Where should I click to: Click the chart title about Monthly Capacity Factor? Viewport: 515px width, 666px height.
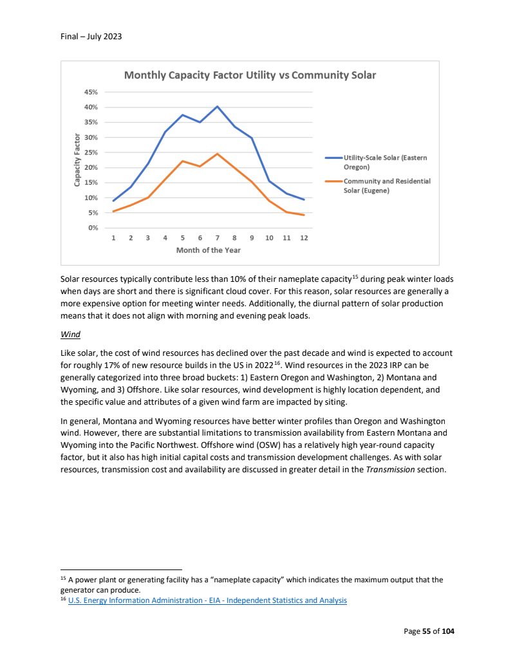[250, 75]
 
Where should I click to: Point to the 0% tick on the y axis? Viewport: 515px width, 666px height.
[93, 228]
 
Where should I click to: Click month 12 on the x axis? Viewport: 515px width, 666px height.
[304, 238]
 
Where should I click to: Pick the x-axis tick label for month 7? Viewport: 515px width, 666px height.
[218, 238]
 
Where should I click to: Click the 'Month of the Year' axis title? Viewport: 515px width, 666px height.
[209, 250]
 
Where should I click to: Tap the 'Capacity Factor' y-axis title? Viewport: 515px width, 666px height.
[77, 160]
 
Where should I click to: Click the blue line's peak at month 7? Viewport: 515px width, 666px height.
[218, 106]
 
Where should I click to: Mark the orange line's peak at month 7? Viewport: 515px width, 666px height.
[218, 154]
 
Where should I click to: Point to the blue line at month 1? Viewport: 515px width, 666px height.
[113, 201]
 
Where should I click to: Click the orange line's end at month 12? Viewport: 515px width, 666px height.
[304, 215]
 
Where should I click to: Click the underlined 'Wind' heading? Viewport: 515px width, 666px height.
[70, 335]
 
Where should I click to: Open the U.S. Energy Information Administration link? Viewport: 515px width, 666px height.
[207, 600]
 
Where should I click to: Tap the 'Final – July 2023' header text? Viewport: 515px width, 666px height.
[87, 36]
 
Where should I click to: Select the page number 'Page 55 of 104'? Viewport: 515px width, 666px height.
[429, 631]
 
